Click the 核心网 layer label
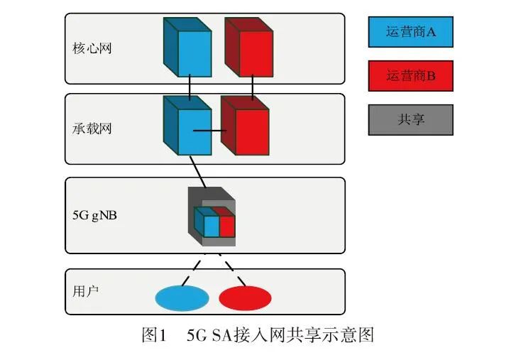92,49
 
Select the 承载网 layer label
92,129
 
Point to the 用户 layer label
83,291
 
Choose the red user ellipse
245,298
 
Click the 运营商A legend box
410,31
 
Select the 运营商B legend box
410,75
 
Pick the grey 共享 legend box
410,119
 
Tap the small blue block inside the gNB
211,226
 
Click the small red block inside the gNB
226,226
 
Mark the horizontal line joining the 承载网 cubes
211,131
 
